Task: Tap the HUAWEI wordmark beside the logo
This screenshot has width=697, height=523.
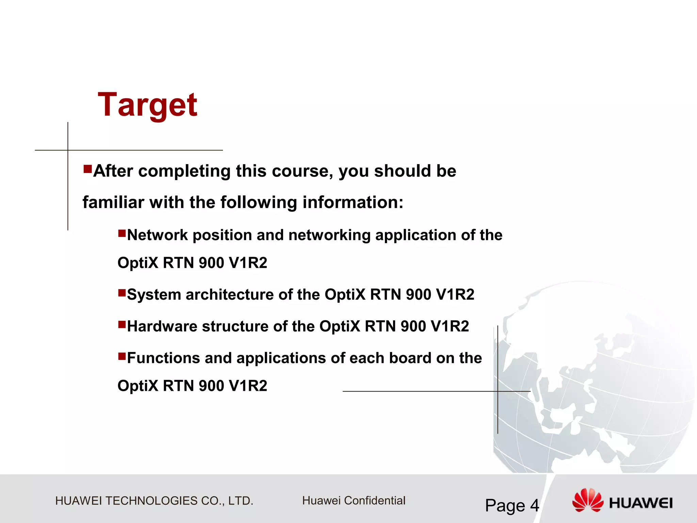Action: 641,503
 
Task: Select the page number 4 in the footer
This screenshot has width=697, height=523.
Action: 535,505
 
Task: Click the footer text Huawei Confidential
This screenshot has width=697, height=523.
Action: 354,501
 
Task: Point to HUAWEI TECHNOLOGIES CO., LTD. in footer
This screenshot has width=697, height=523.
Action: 154,501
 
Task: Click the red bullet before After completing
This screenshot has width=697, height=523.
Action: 87,169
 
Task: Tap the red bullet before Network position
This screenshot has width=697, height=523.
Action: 122,233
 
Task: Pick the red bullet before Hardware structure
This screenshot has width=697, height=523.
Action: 122,324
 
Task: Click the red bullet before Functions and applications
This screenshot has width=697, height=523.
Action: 122,356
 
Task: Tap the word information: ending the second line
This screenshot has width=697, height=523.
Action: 353,202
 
